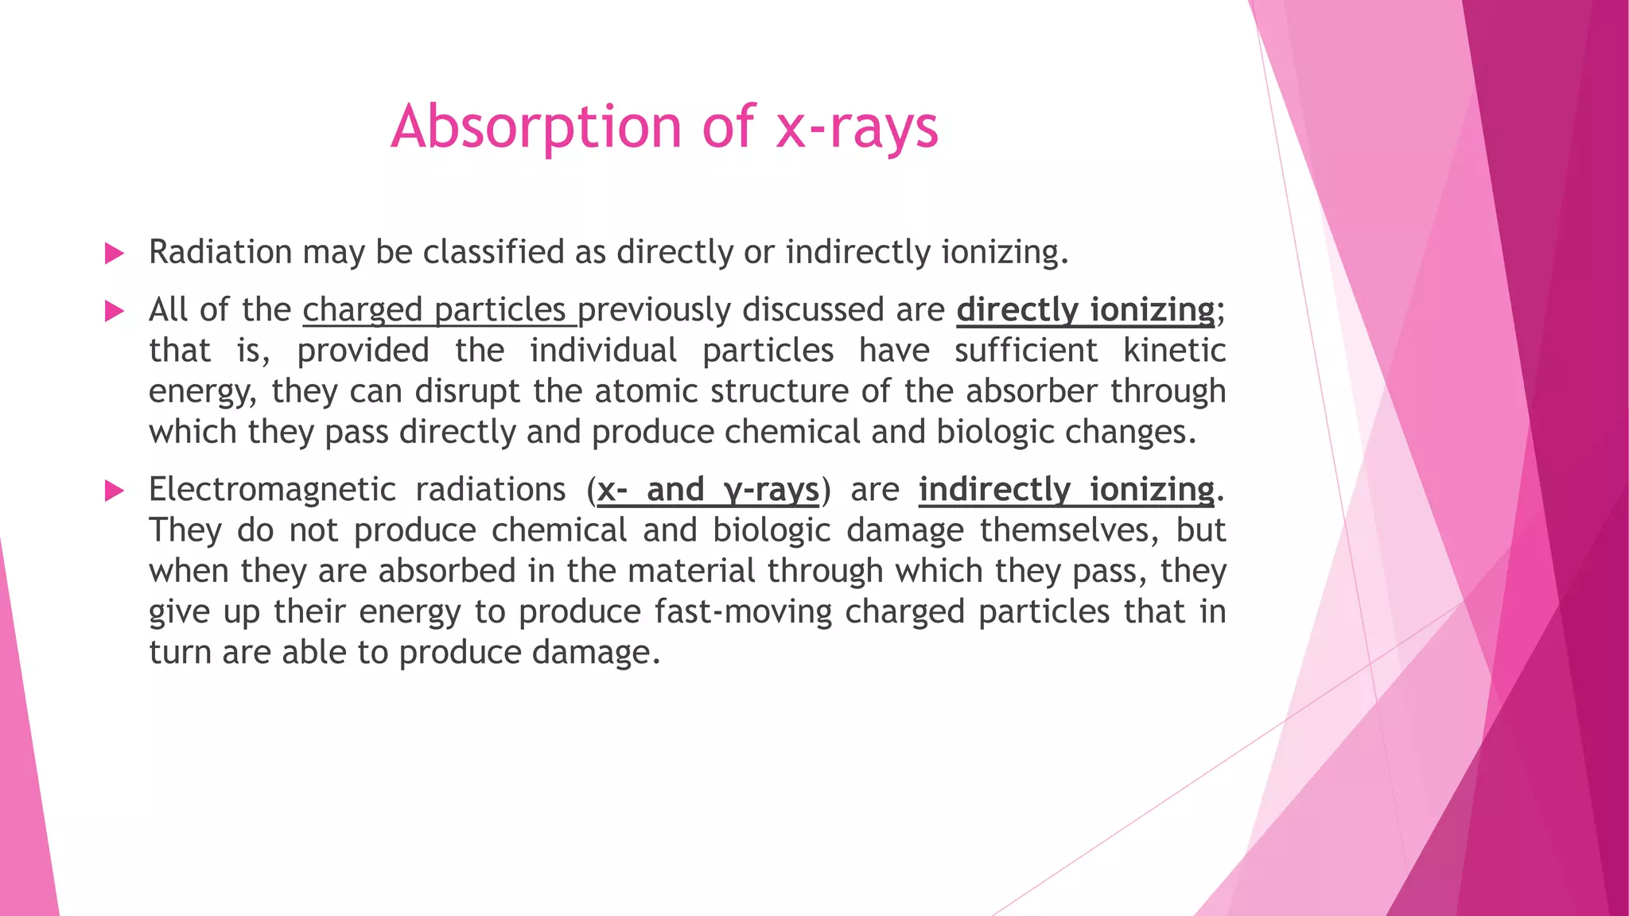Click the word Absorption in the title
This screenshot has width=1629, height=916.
point(535,127)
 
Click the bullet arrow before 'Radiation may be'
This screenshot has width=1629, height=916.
point(115,254)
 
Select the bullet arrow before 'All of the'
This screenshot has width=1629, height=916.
point(115,311)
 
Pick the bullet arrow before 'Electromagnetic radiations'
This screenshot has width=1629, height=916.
point(115,491)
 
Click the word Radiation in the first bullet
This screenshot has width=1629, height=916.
point(220,252)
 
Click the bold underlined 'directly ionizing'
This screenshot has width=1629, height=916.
point(1086,310)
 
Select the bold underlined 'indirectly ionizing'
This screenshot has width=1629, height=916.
point(1067,490)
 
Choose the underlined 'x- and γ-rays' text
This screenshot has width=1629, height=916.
point(708,490)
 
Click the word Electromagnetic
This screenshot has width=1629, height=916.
point(272,490)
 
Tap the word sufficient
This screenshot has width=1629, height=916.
point(1026,351)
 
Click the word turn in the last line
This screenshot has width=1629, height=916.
point(180,653)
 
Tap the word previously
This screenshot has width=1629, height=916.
point(654,310)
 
